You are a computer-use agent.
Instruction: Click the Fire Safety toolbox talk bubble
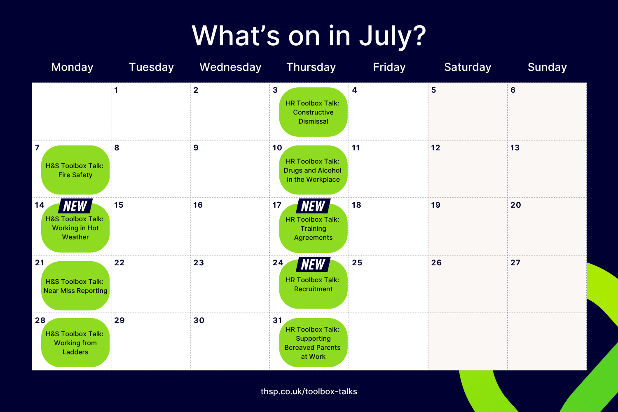[x=75, y=170]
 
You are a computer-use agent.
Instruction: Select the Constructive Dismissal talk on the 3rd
[x=313, y=112]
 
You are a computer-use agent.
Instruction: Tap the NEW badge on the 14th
[x=75, y=206]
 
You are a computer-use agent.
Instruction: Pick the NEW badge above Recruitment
[x=313, y=265]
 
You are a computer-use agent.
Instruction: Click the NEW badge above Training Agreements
[x=313, y=206]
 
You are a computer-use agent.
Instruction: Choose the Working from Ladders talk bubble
[x=75, y=342]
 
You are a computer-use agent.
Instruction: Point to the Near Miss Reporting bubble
[x=75, y=286]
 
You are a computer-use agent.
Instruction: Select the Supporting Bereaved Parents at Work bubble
[x=313, y=342]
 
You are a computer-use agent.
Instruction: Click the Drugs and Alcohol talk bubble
[x=313, y=170]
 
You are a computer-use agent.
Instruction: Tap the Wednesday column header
[x=230, y=67]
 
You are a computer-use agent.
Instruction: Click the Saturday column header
[x=468, y=67]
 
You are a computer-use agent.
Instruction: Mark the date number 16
[x=198, y=205]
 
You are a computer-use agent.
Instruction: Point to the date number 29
[x=119, y=321]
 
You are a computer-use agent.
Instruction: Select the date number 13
[x=515, y=147]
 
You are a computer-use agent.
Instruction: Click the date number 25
[x=357, y=262]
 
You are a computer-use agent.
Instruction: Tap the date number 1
[x=116, y=90]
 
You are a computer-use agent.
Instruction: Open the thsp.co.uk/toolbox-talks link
[x=309, y=391]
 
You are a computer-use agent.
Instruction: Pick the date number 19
[x=435, y=205]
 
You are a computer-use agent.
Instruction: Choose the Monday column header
[x=72, y=67]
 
